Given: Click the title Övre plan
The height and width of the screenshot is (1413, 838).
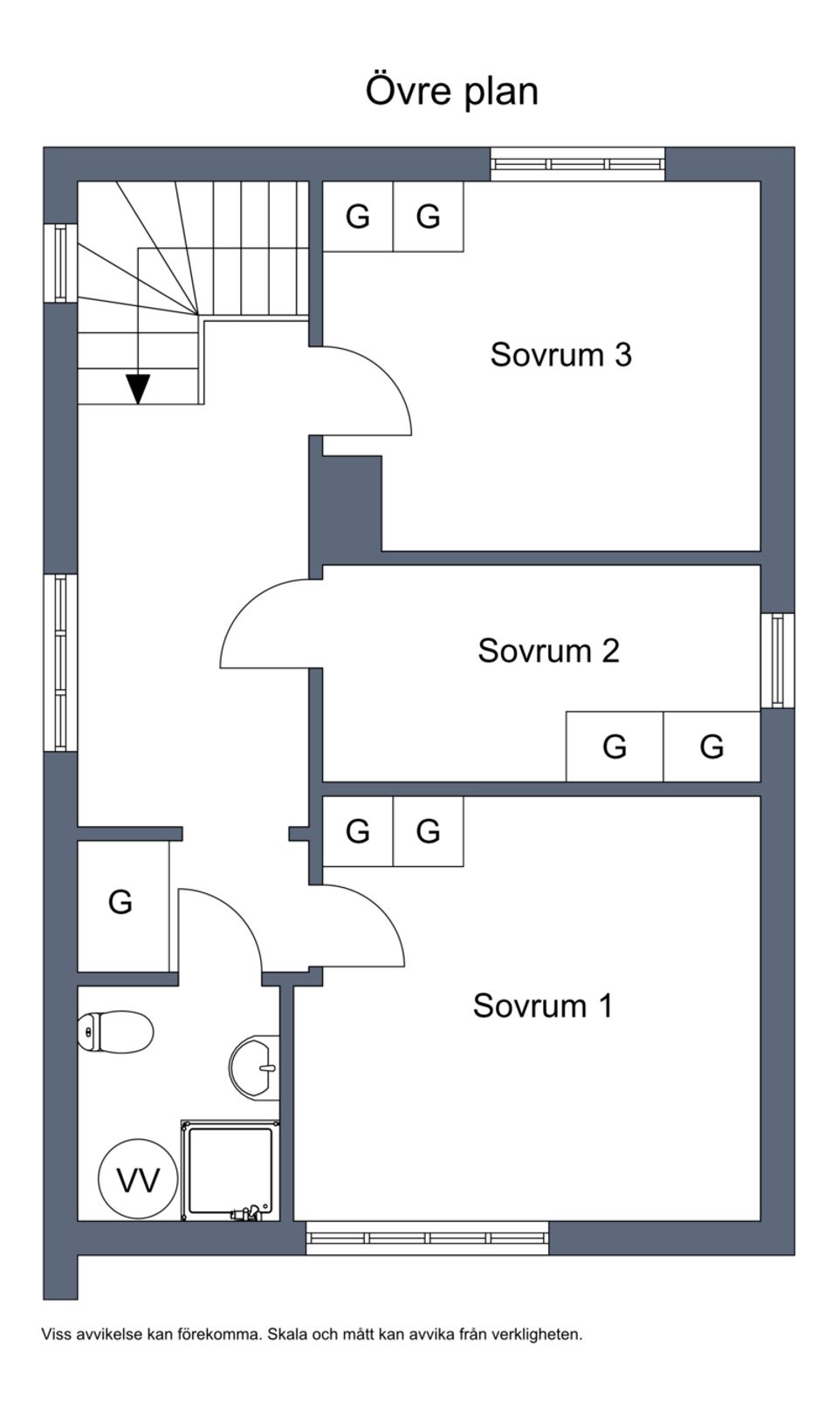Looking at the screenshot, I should coord(451,91).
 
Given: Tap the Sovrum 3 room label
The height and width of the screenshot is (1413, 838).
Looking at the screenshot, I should coord(560,355).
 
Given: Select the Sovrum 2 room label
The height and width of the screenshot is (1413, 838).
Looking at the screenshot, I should coord(548,651).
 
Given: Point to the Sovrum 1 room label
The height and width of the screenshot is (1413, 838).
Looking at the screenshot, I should coord(543,1006).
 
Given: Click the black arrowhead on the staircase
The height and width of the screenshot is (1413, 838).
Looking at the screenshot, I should coord(138,388).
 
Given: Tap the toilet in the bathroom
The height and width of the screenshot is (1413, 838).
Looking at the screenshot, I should coord(115,1032).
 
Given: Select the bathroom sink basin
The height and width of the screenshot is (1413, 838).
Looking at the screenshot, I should coord(254,1066).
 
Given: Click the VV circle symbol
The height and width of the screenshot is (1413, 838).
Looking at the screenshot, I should coord(138,1180).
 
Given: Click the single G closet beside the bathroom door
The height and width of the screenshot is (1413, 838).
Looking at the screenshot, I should coord(120,902).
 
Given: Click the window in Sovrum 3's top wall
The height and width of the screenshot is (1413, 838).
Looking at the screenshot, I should coord(577,164).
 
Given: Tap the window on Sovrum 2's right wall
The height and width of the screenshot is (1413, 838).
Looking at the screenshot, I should coord(777,660).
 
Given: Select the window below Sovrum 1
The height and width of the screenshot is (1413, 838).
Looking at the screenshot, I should coord(427,1238).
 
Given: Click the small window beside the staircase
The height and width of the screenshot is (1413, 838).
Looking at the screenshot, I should coord(60,263).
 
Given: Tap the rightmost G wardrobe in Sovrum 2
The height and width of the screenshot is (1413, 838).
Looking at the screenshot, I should coord(711,747).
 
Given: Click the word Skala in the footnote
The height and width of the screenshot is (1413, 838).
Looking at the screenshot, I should coord(285,1334).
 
